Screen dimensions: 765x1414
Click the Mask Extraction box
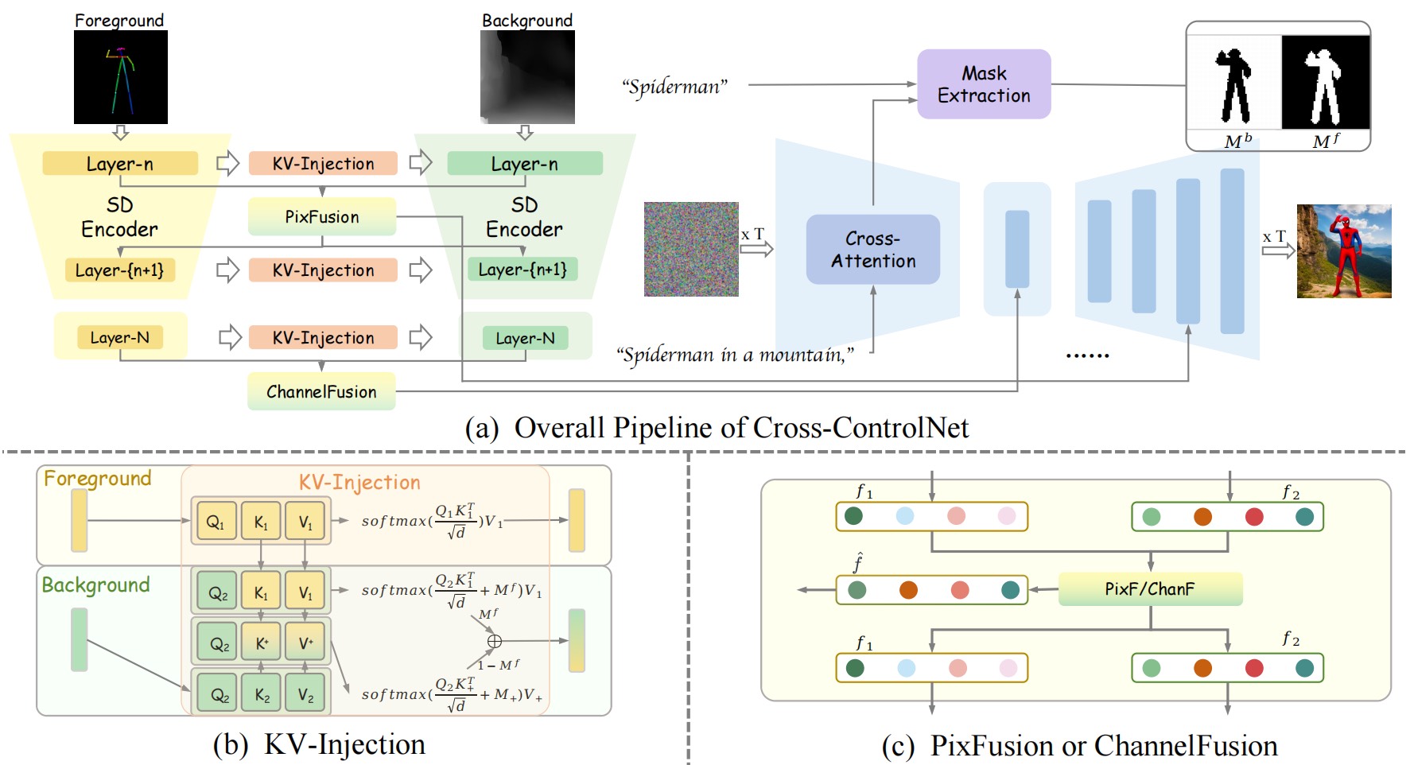click(984, 84)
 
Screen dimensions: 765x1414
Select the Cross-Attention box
click(872, 250)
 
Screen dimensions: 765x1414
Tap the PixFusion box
click(322, 217)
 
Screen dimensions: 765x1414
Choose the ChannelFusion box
click(321, 391)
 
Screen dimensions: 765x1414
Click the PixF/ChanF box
click(1150, 589)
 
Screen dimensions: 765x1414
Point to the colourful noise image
click(691, 249)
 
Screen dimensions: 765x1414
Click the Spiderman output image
click(1344, 251)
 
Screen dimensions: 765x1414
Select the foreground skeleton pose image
click(121, 77)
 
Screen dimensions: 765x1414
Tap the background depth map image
click(527, 77)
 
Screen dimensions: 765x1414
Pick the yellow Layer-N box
click(120, 337)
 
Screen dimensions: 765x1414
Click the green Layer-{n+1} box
click(522, 270)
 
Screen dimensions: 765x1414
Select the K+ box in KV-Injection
click(262, 643)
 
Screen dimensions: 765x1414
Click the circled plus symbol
click(494, 641)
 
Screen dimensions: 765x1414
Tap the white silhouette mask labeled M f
click(1325, 83)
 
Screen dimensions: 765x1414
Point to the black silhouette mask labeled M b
click(1233, 84)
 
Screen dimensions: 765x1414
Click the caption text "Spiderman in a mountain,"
click(736, 355)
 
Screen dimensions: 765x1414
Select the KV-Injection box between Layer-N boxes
click(323, 337)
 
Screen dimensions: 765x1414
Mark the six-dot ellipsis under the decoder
click(1087, 355)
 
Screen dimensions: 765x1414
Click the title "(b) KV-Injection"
click(319, 744)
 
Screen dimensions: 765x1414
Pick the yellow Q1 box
click(216, 522)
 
